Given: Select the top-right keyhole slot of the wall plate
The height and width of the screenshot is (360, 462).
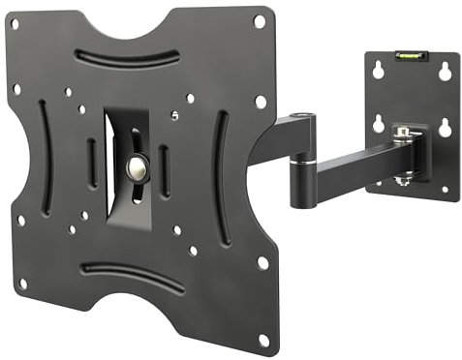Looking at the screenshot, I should [442, 71].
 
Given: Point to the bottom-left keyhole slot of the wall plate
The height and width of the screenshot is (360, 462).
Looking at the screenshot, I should [380, 124].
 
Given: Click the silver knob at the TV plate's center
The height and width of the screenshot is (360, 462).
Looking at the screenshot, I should [136, 167].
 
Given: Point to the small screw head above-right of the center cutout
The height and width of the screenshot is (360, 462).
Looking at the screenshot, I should [173, 114].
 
